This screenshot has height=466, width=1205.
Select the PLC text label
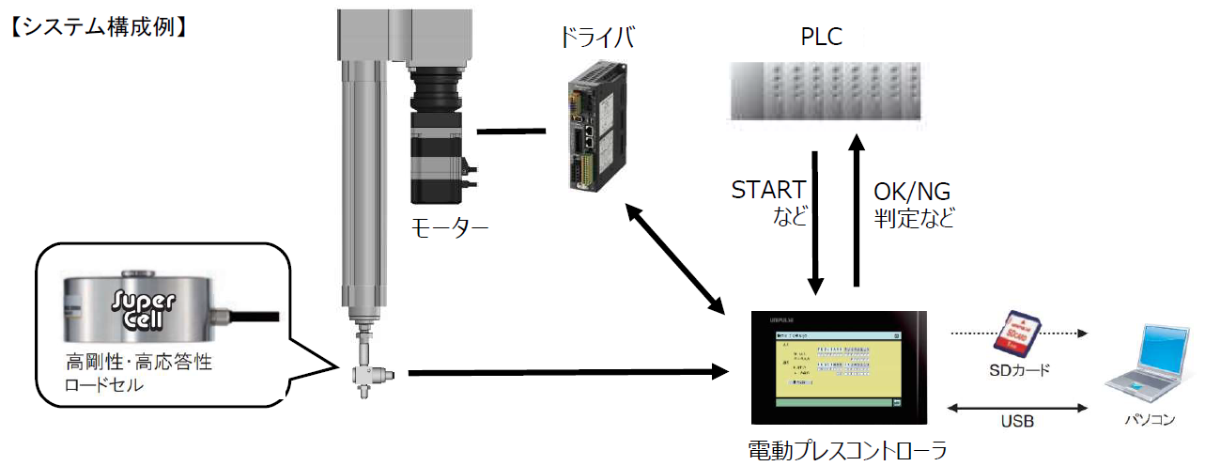822,39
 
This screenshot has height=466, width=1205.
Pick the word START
768,191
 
